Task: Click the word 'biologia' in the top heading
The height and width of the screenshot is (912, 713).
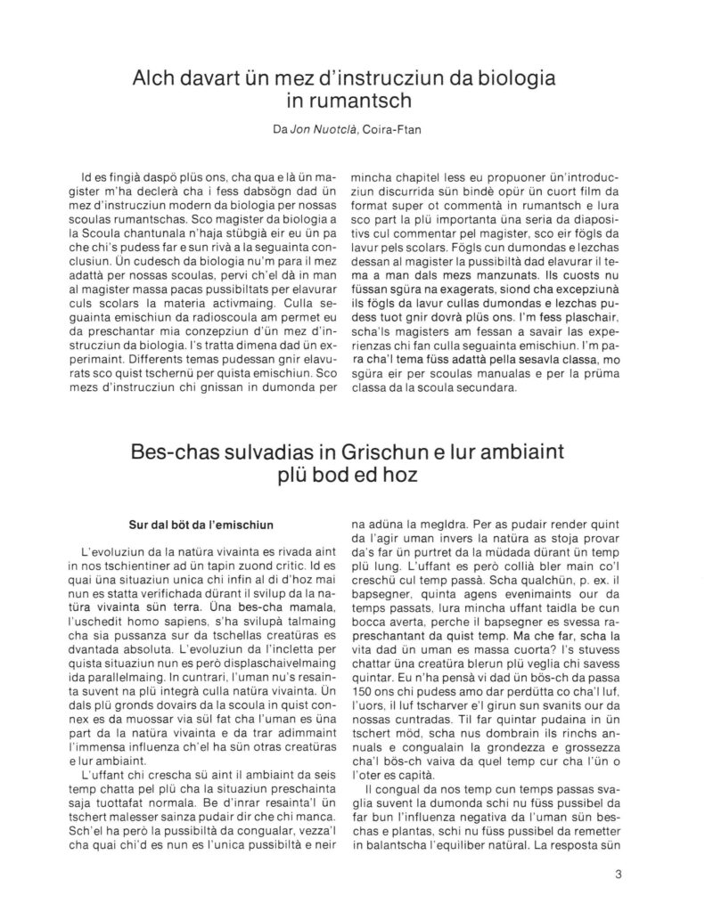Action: [x=505, y=79]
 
